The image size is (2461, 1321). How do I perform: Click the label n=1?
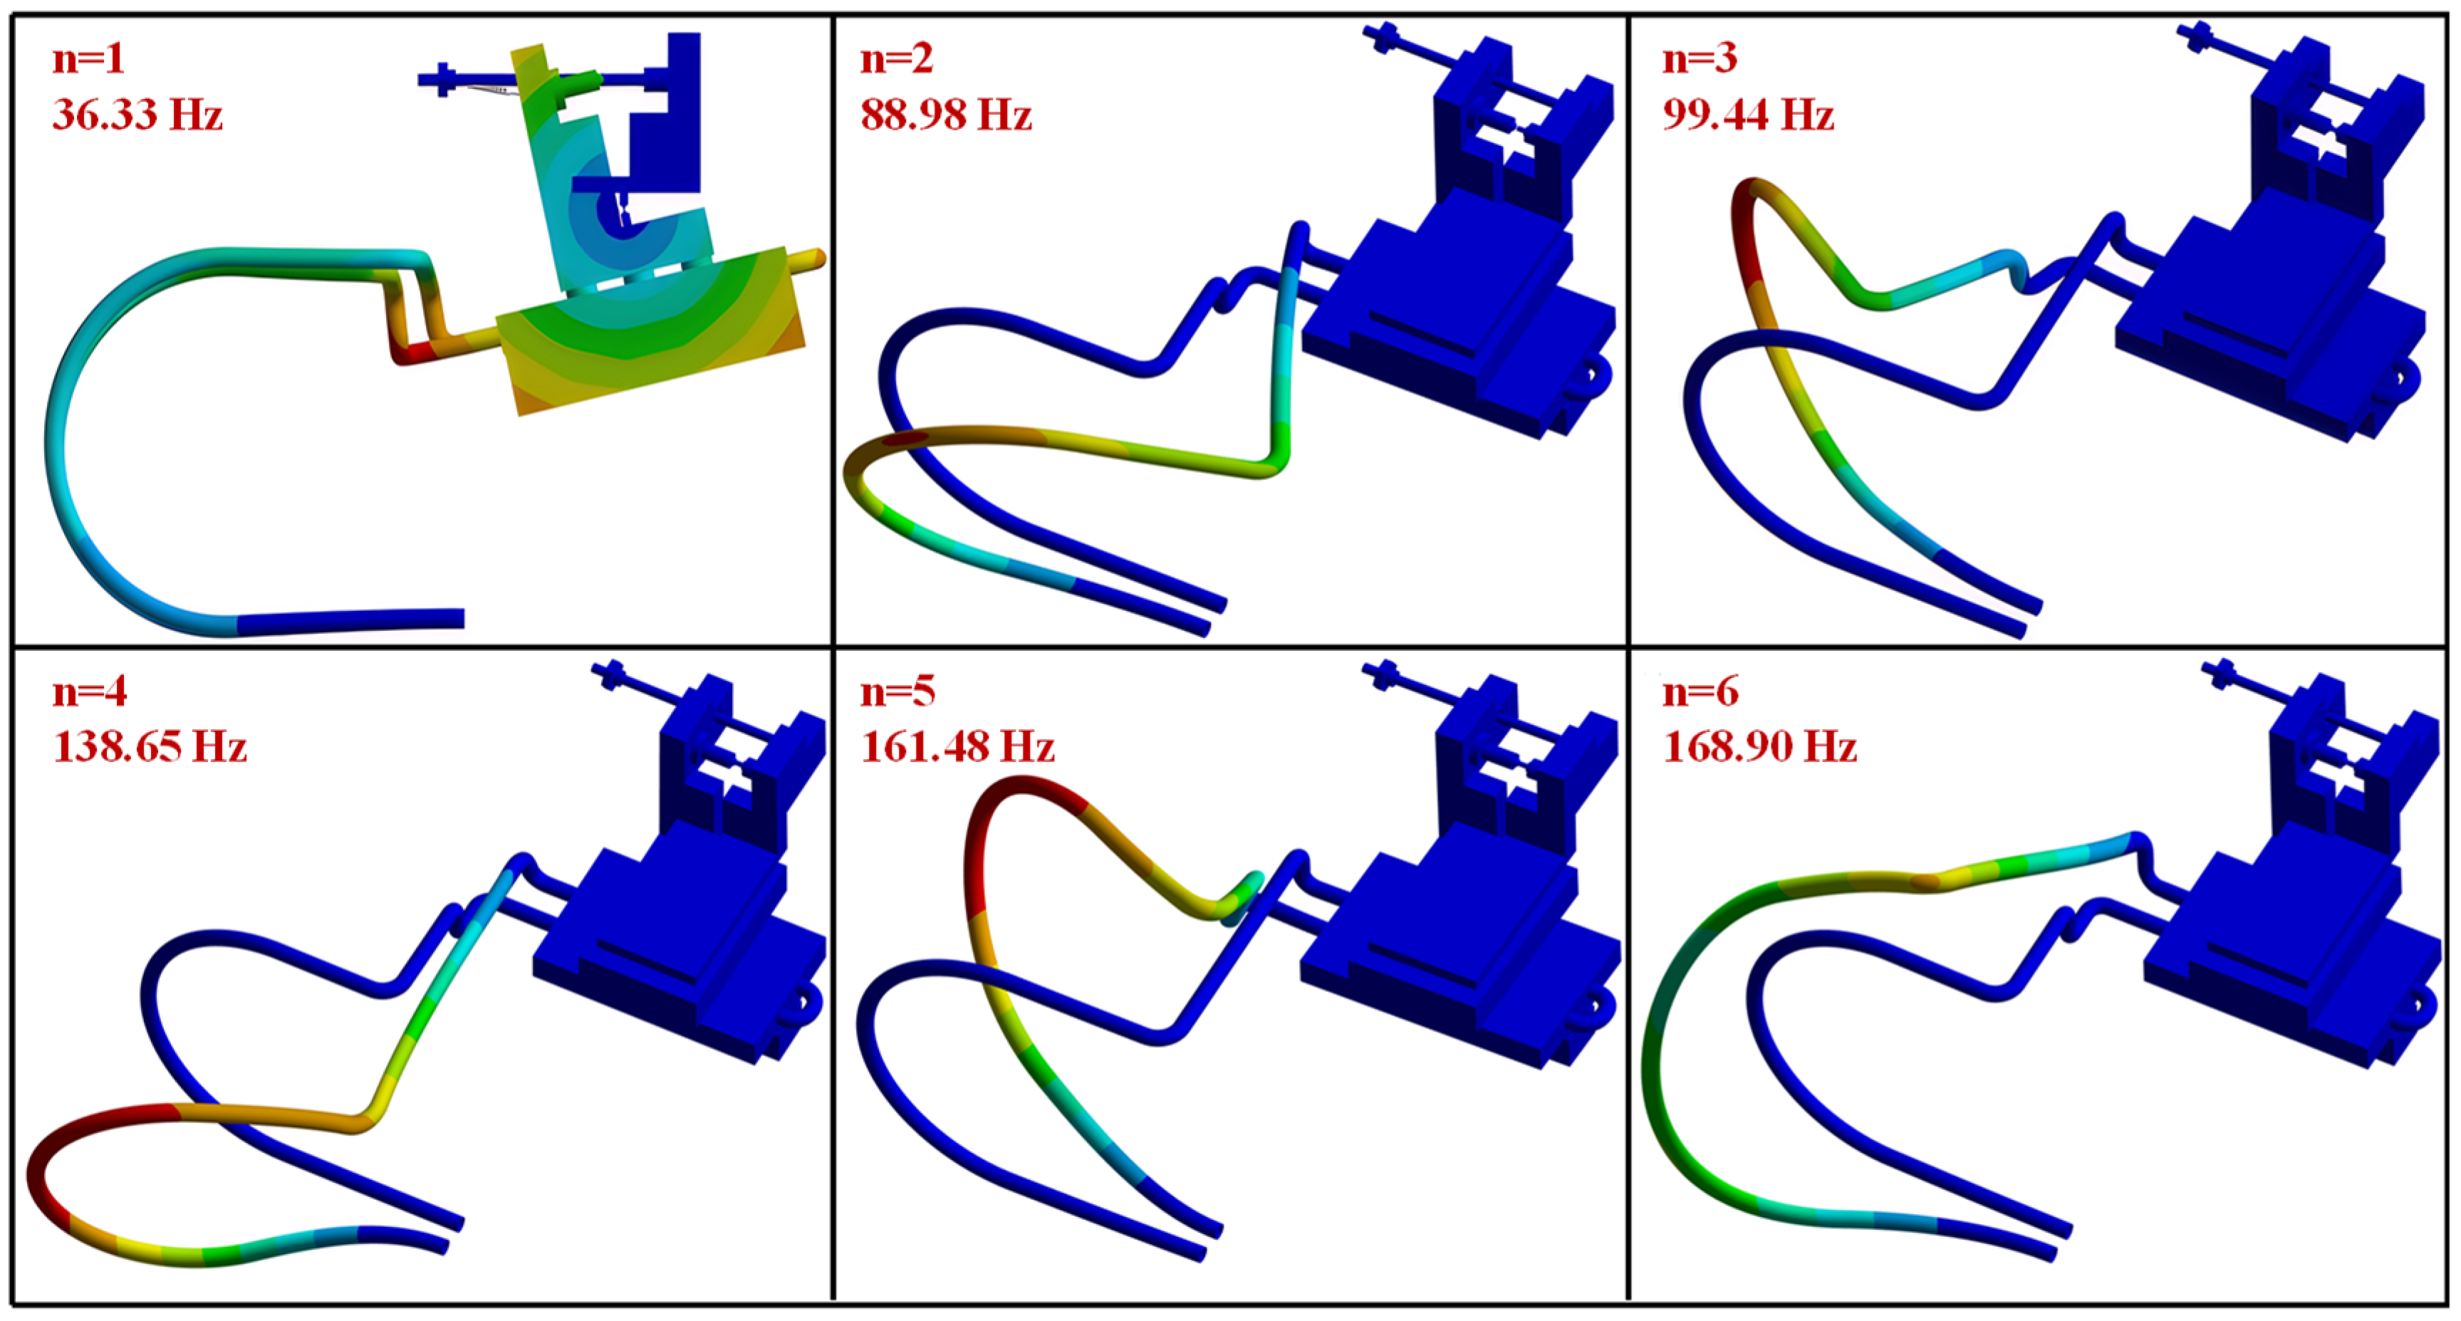[88, 59]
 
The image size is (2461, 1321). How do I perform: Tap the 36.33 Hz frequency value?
[137, 115]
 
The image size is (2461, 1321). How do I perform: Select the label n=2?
[896, 59]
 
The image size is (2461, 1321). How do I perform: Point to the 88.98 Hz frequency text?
[946, 115]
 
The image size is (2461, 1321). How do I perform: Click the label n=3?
[1700, 59]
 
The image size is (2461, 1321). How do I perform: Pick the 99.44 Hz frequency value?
[1748, 115]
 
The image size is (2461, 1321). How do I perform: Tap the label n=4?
[90, 691]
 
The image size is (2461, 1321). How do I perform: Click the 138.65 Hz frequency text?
[150, 747]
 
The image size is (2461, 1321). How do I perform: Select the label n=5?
[897, 691]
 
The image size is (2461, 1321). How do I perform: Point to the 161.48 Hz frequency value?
[957, 747]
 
